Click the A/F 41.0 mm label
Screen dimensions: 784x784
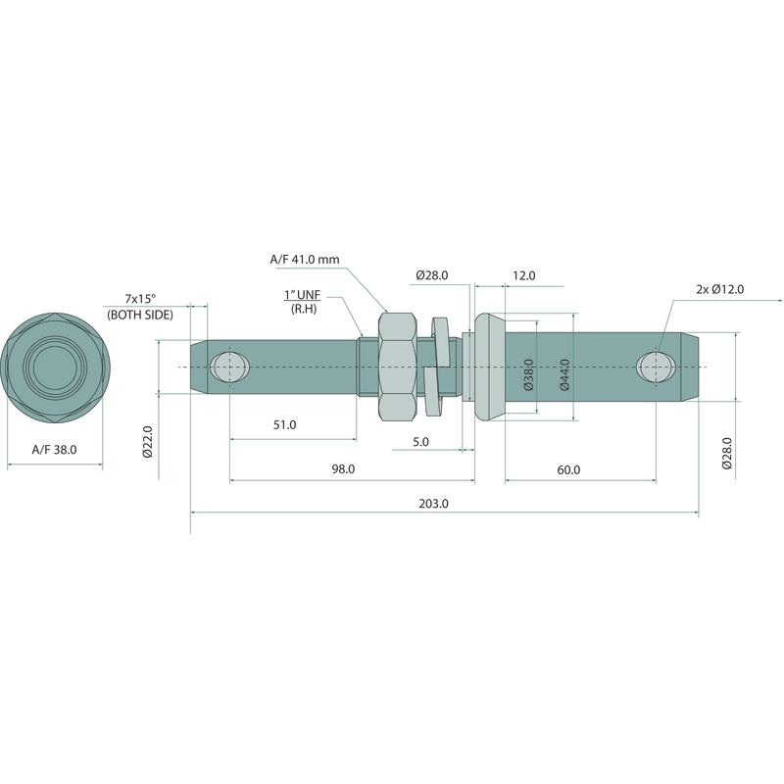point(305,260)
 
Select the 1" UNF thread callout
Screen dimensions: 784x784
point(302,295)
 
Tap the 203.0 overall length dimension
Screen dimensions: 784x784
point(433,504)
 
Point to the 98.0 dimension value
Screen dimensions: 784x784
point(344,469)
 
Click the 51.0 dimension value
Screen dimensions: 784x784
point(284,425)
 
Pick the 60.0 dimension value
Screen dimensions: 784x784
point(568,470)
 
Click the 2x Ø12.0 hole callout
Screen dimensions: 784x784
point(720,289)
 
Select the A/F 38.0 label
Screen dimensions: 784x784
point(55,450)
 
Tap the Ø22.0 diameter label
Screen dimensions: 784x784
point(147,442)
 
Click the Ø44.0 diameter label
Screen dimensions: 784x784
point(565,375)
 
